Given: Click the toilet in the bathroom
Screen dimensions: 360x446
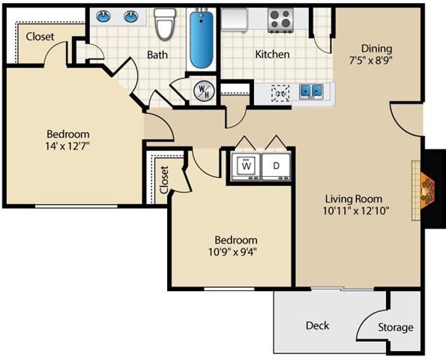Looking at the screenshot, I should [x=164, y=25].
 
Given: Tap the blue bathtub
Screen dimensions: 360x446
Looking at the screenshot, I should [x=200, y=39].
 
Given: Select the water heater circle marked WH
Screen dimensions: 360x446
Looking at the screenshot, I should [x=203, y=91].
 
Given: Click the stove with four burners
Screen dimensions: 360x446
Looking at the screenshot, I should [x=281, y=21].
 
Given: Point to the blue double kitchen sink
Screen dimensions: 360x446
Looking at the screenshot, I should [x=312, y=92].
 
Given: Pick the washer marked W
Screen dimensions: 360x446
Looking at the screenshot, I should [x=247, y=165].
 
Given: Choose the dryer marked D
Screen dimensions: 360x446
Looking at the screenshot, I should [x=275, y=165].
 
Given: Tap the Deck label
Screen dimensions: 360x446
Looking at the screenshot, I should [x=317, y=325].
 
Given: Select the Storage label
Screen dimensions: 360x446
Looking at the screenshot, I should [x=394, y=327].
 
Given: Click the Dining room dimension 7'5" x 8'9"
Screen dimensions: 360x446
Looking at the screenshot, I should [x=372, y=59].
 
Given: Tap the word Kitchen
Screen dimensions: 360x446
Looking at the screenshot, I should [x=272, y=54].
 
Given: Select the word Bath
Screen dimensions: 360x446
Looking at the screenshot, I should [x=157, y=55].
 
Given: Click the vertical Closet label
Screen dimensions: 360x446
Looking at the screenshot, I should [x=164, y=179].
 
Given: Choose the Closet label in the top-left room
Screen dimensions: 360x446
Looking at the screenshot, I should [x=40, y=36].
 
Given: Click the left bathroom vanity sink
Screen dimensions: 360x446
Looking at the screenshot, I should [x=104, y=16].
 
